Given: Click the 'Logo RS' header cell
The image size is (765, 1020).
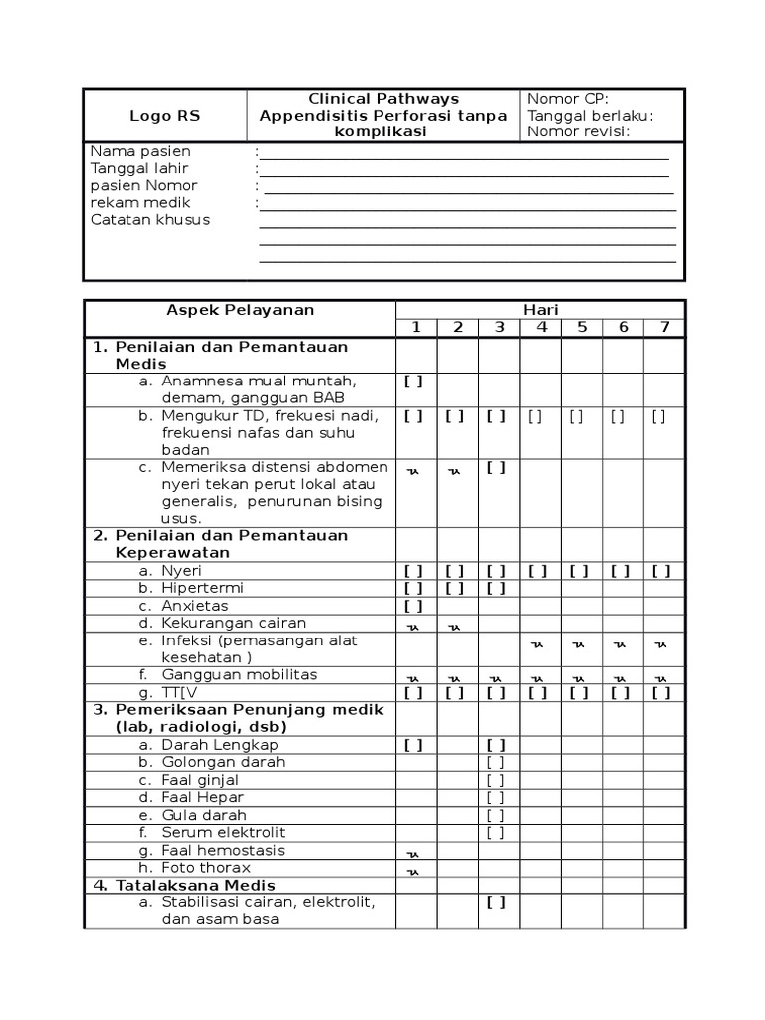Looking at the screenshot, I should click(164, 116).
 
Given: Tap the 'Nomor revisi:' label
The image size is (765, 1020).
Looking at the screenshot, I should click(579, 131).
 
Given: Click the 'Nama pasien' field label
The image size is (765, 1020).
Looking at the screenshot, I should click(140, 151).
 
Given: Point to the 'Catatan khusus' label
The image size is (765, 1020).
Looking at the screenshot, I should click(150, 220).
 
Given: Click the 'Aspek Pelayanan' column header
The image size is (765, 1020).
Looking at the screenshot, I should click(240, 310).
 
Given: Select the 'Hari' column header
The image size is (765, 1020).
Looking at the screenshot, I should click(541, 310).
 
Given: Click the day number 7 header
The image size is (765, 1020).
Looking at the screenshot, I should click(664, 327).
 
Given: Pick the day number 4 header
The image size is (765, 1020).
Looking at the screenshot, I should click(541, 327).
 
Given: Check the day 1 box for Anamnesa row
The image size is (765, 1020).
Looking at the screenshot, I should click(414, 381).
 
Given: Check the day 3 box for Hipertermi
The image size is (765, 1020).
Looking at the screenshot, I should click(497, 588).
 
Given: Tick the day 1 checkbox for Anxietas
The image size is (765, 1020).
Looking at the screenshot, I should click(414, 605).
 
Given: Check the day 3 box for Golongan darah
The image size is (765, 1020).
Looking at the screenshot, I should click(497, 762).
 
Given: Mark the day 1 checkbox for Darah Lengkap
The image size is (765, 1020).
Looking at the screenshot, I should click(414, 745).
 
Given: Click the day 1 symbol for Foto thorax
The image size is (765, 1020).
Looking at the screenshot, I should click(414, 871).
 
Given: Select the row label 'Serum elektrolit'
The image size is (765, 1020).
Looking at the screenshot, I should click(223, 832).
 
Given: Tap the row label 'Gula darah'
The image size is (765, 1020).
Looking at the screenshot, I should click(204, 815).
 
